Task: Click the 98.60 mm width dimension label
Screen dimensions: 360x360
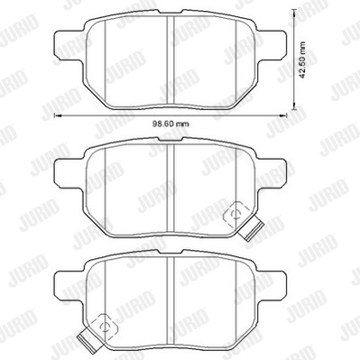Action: click(x=171, y=124)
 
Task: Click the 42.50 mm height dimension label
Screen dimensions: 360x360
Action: click(x=303, y=60)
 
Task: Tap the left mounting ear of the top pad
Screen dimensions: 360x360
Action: click(x=69, y=45)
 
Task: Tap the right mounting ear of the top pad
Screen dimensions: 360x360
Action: click(x=272, y=45)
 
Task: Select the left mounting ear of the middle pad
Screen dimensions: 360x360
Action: click(x=69, y=174)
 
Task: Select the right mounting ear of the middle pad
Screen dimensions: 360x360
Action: click(x=272, y=174)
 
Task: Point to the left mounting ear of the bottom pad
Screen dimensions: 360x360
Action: click(x=69, y=286)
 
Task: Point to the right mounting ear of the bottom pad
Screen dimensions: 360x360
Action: click(x=272, y=286)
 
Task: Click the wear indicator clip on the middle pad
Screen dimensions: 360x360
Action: click(x=250, y=228)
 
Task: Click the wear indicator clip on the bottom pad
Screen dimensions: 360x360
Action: click(x=89, y=340)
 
